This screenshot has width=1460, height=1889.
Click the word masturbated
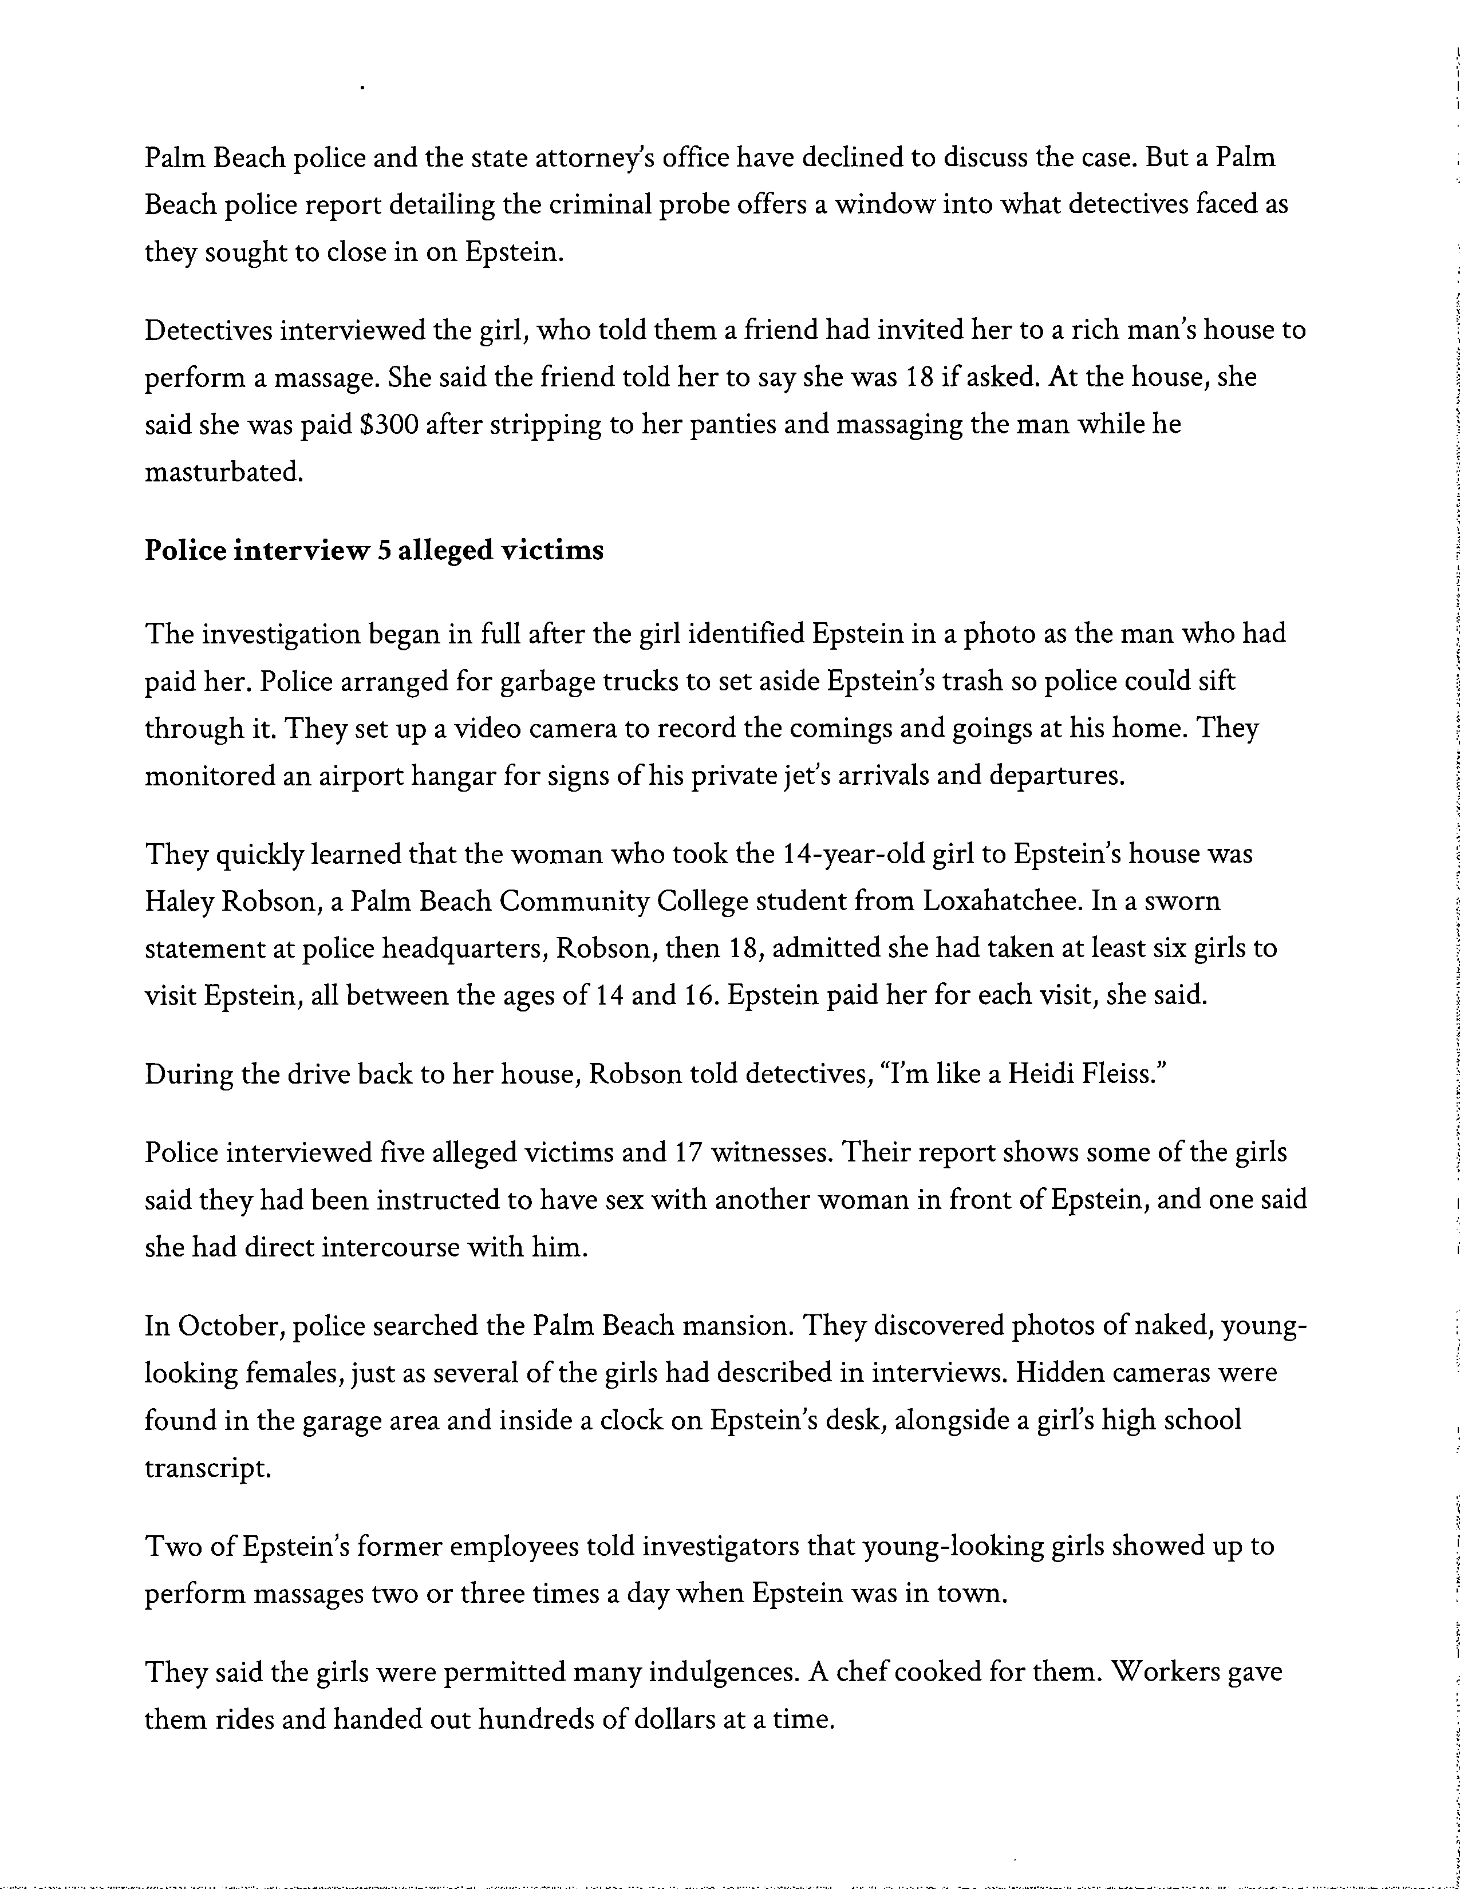tap(224, 472)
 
